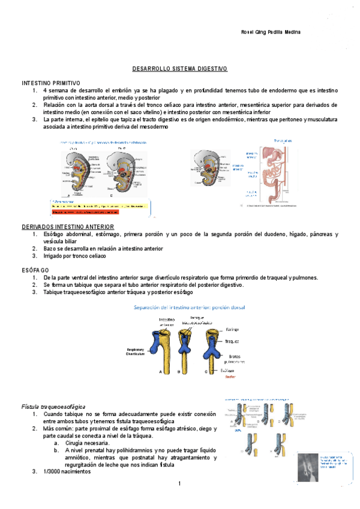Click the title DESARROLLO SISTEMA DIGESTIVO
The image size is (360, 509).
pyautogui.click(x=179, y=70)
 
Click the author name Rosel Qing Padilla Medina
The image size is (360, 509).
pyautogui.click(x=266, y=32)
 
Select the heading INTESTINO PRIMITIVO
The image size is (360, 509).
pyautogui.click(x=50, y=82)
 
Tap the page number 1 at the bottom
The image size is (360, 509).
pyautogui.click(x=179, y=483)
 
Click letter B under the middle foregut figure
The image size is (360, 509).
pyautogui.click(x=179, y=373)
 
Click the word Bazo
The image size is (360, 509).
pyautogui.click(x=50, y=248)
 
